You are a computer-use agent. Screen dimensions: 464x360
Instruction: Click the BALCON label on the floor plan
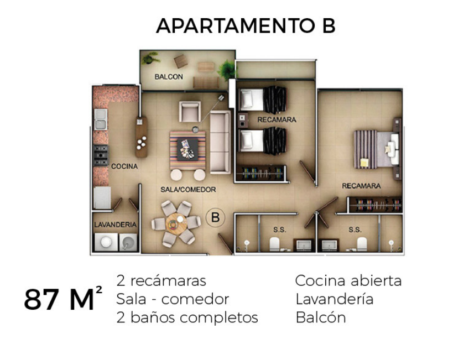169,77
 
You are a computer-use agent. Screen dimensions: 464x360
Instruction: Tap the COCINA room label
124,166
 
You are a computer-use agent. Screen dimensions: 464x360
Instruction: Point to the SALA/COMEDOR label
188,189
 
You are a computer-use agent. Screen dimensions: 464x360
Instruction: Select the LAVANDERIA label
116,225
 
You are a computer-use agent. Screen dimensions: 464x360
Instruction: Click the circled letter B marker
216,218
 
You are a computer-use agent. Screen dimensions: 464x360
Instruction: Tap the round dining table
176,224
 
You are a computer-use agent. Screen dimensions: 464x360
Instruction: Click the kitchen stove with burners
101,155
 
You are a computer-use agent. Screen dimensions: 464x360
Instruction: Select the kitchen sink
101,119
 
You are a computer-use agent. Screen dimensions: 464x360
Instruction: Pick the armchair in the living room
190,112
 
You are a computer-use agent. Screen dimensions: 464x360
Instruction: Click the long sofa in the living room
220,142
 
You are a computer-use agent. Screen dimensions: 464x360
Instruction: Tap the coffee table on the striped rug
187,150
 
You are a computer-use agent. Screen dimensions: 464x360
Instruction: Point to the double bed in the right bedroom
377,149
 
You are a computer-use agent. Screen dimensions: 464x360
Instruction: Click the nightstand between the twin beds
243,120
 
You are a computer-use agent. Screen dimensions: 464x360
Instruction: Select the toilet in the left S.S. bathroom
275,244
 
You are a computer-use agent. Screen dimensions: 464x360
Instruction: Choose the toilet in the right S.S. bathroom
362,244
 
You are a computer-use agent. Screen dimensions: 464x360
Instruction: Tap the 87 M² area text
63,299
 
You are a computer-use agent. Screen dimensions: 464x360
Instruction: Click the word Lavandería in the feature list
335,299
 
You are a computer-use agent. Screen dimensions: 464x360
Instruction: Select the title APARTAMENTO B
246,26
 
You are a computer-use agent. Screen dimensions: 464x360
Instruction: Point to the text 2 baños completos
187,318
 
